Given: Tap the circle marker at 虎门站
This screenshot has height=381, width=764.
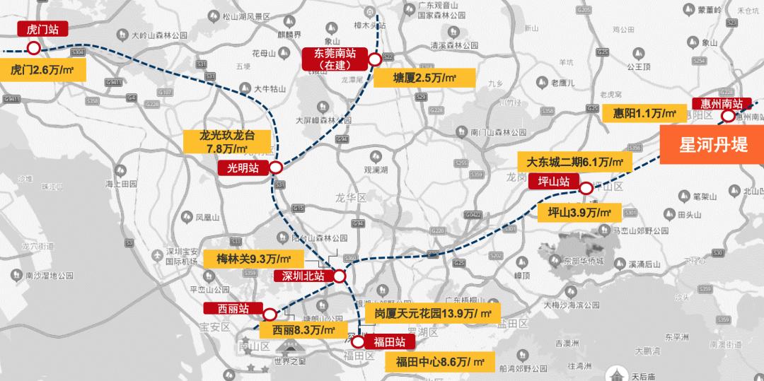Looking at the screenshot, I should click(x=33, y=48).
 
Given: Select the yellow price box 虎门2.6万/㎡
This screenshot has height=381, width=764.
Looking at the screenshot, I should click(x=43, y=69).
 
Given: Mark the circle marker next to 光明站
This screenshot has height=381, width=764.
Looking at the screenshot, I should click(x=275, y=168).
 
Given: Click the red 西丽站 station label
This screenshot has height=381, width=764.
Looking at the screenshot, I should click(x=233, y=309).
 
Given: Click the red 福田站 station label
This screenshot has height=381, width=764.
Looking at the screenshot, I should click(x=389, y=342).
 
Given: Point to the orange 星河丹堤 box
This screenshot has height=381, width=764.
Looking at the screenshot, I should click(x=712, y=145).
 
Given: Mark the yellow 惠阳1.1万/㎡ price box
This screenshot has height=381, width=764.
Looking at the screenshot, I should click(x=639, y=112).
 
